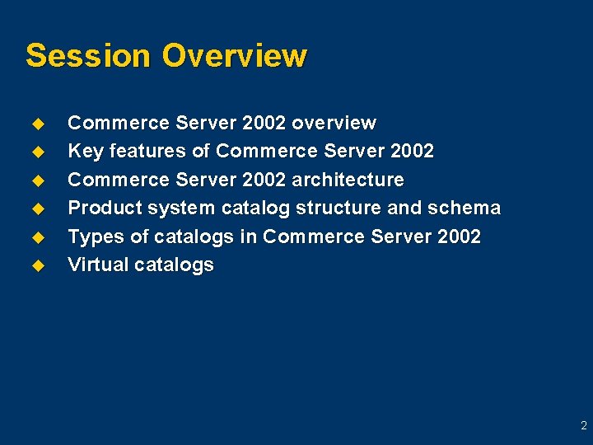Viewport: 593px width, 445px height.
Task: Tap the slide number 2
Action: pos(583,426)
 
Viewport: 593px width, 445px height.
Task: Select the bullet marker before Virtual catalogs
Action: pos(37,265)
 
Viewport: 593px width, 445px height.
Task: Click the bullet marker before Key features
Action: pos(37,152)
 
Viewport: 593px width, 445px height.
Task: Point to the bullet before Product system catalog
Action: pos(37,208)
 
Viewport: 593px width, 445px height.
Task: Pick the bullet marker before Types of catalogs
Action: pos(37,237)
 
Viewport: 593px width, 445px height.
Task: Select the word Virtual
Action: pos(95,265)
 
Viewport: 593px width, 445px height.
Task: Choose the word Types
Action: pos(93,237)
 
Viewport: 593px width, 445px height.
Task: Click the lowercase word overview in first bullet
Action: pos(334,123)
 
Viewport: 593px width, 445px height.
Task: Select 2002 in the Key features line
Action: pos(413,151)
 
